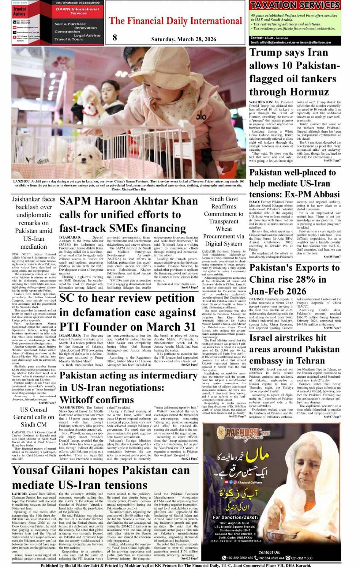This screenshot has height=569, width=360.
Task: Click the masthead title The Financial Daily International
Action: tap(176, 21)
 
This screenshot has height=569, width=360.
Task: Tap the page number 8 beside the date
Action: tap(115, 37)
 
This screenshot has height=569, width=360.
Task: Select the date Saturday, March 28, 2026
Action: tap(184, 39)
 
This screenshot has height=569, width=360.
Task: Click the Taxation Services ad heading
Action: tap(295, 5)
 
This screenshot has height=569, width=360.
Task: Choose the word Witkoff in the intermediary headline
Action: tap(79, 400)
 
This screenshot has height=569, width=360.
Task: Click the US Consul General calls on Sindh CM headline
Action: tap(34, 417)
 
